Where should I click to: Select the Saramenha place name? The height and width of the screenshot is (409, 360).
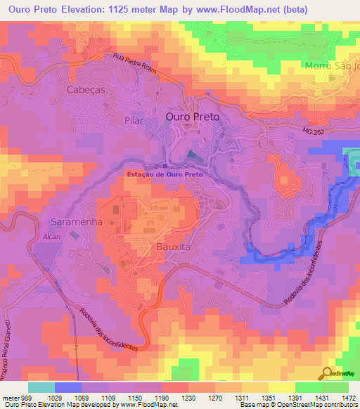coord(77,221)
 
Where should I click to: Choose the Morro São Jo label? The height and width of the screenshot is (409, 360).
coord(332,66)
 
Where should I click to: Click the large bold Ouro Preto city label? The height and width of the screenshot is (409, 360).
coord(192,117)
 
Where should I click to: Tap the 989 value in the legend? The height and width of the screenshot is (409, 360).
coord(27,397)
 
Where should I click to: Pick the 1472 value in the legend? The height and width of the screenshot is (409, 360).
coord(347,397)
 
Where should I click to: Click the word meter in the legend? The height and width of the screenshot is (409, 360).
coord(10,397)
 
